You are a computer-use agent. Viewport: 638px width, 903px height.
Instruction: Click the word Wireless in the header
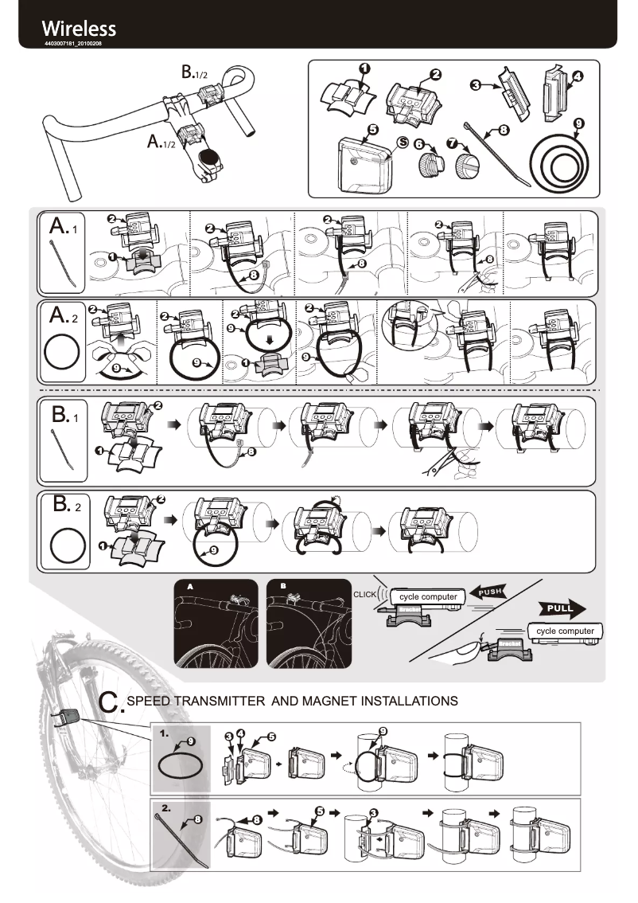point(80,29)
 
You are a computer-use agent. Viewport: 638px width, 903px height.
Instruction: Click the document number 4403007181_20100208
point(72,44)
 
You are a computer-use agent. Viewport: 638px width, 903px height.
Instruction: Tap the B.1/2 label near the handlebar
point(194,72)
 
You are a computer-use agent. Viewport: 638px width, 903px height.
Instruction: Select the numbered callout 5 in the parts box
point(373,129)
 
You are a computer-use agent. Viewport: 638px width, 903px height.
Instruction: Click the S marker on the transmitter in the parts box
point(403,142)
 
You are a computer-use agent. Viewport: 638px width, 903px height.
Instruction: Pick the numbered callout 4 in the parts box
point(577,77)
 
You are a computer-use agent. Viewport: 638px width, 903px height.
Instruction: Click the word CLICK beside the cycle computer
point(364,595)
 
